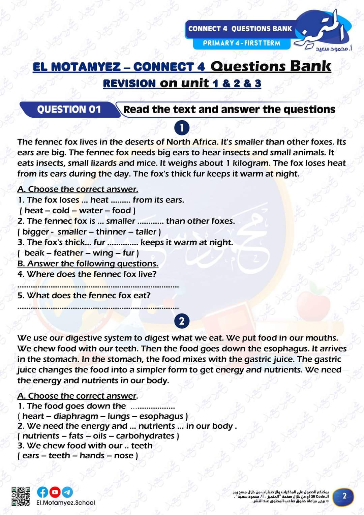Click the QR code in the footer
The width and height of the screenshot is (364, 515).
[x=21, y=496]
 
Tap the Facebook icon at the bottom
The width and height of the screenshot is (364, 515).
[x=42, y=492]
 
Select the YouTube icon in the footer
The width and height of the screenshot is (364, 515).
[x=55, y=492]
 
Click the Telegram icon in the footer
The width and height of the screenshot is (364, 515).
[x=67, y=492]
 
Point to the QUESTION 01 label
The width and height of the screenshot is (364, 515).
[x=69, y=110]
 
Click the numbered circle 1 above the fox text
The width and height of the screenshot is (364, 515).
[x=182, y=128]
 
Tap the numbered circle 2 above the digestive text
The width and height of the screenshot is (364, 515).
[x=182, y=321]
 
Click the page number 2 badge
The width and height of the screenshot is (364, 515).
[x=344, y=496]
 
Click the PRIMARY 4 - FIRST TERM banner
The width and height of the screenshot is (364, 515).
[x=241, y=43]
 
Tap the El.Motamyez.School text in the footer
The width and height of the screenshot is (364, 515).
[x=66, y=503]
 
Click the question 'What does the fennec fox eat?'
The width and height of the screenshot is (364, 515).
[x=84, y=295]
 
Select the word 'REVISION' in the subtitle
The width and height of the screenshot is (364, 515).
[x=129, y=83]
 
